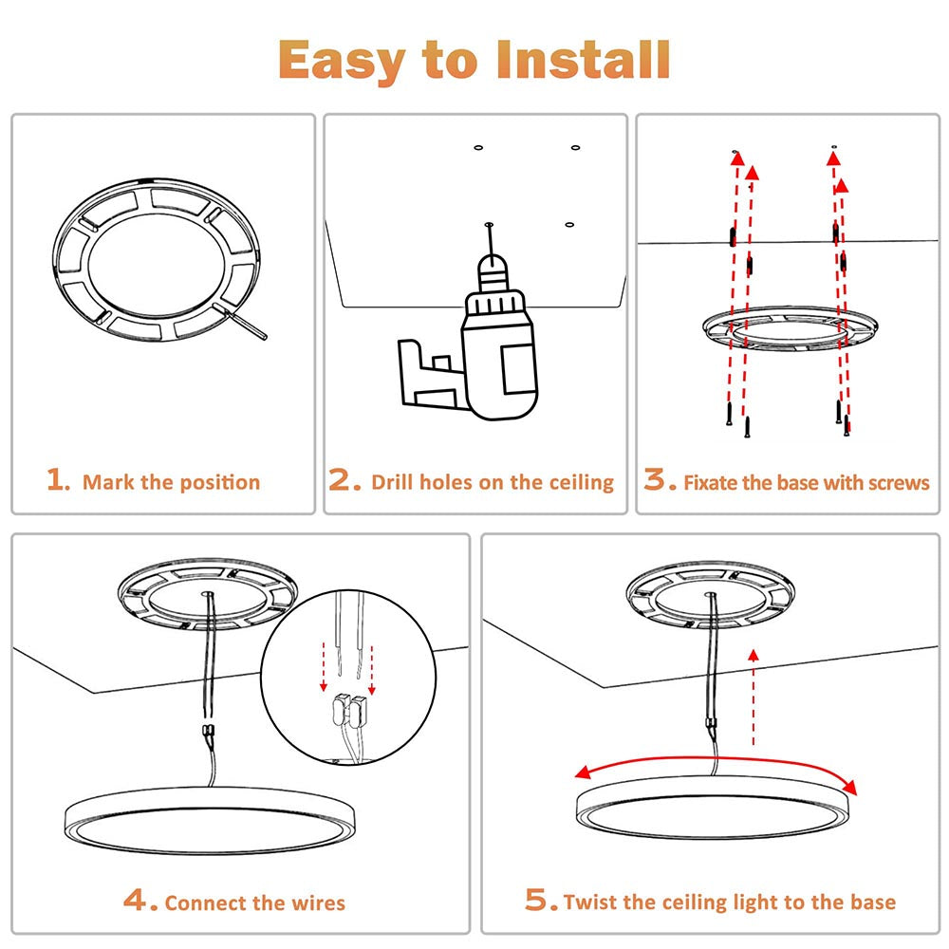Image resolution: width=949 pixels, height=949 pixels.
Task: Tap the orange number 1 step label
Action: pos(58,480)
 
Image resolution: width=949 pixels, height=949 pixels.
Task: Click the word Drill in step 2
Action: pos(393,482)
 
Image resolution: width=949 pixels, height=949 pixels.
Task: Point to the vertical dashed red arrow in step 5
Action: pos(753,698)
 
